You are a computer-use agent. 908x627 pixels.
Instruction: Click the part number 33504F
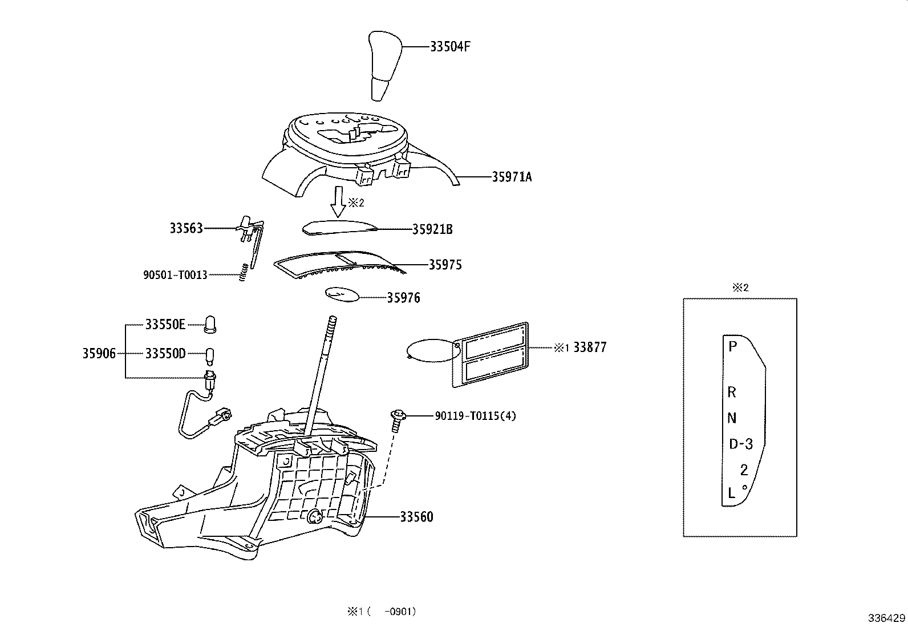pos(450,47)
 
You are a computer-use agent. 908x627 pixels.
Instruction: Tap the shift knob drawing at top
pos(385,66)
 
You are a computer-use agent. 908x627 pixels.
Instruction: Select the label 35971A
pos(512,177)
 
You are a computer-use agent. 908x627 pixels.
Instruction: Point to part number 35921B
pos(432,229)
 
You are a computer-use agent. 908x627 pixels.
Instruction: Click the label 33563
pos(186,228)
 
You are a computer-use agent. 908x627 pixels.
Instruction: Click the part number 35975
pos(445,265)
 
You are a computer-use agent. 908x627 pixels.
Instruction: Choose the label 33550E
pos(165,325)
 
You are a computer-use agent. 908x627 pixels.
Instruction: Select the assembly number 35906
pos(99,354)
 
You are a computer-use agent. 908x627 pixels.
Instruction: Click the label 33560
pos(416,517)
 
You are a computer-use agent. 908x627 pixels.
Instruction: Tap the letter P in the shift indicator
pos(733,346)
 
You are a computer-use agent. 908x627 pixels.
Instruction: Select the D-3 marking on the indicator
pos(741,444)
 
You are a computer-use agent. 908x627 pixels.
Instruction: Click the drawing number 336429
pos(886,618)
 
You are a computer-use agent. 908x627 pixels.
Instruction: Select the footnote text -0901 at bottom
pos(400,612)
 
